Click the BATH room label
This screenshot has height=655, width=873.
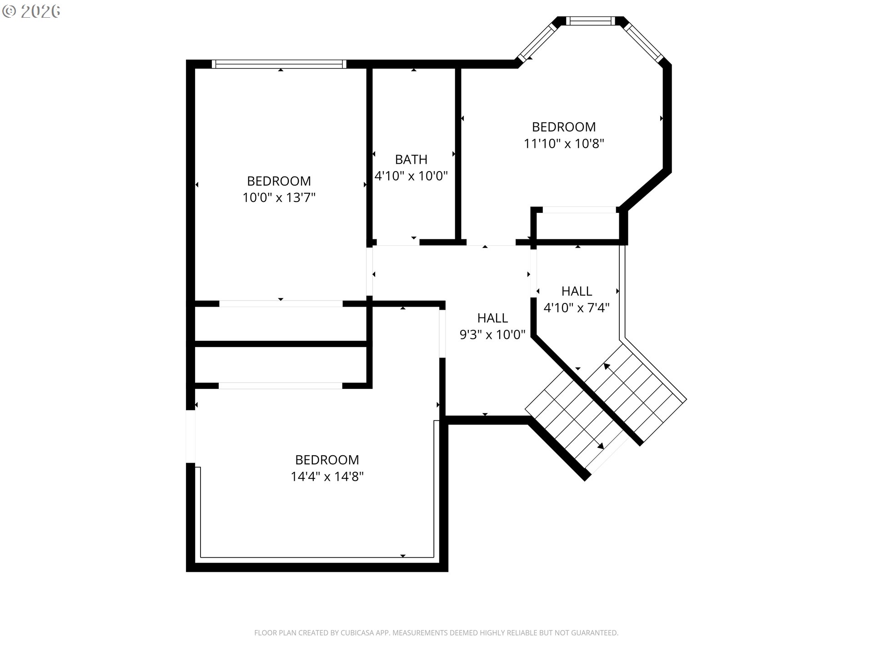(411, 160)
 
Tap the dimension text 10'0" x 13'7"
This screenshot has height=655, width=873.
(279, 198)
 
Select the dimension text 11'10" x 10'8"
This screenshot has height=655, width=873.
(564, 144)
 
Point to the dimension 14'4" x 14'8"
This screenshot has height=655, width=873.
(327, 477)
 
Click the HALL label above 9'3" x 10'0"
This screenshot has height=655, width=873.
(492, 318)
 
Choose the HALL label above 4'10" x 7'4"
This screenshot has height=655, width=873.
(577, 291)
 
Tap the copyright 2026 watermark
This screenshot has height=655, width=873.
(31, 11)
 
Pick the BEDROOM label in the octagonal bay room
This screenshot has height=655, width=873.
(564, 127)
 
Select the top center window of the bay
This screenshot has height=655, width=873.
(590, 21)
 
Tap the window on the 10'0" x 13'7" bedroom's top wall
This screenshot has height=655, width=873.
(279, 64)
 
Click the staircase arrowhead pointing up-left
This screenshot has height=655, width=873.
(607, 366)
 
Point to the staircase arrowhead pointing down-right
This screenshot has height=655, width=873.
(601, 446)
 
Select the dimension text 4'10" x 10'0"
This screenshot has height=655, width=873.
(411, 176)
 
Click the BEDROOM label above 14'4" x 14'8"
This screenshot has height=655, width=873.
(327, 460)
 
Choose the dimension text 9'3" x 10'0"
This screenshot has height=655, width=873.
(492, 335)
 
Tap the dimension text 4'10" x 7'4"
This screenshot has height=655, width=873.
(577, 308)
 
